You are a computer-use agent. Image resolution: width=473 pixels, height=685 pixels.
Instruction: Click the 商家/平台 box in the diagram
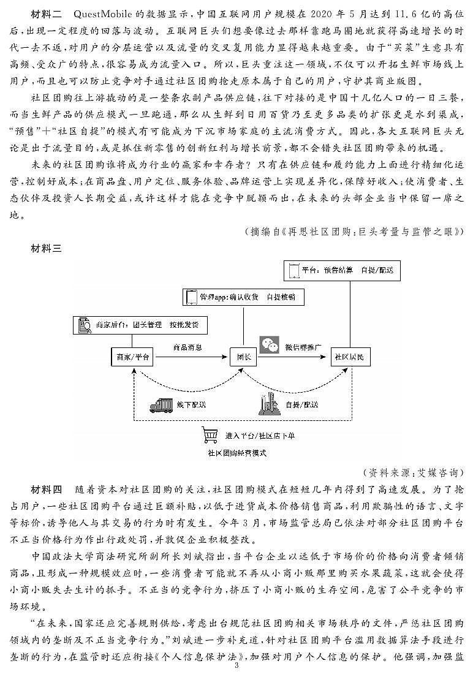[132, 357]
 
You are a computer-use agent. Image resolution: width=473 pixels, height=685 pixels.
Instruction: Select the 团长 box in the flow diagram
[239, 357]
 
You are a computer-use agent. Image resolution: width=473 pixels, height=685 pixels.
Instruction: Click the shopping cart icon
[211, 436]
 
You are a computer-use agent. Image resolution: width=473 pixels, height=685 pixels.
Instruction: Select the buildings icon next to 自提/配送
[268, 404]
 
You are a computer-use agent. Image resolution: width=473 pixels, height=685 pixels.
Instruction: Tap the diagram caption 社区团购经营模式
[238, 454]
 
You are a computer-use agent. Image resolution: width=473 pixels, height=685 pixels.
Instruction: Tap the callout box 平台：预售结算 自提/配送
[341, 270]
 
